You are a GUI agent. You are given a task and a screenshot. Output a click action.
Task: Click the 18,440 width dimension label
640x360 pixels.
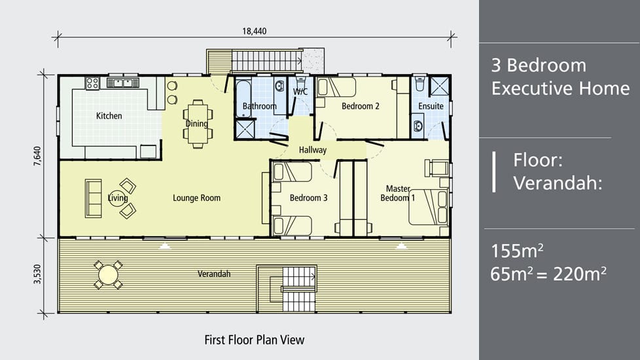point(255,31)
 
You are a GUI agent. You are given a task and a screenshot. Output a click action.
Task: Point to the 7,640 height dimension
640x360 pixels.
point(37,156)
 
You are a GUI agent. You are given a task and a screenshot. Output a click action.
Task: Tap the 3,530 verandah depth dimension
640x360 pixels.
point(37,274)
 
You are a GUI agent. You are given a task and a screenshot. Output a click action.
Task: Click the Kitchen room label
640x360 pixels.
point(109,116)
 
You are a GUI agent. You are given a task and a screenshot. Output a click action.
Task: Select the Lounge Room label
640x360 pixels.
point(197,198)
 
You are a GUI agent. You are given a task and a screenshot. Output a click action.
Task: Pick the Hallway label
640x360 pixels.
point(313,150)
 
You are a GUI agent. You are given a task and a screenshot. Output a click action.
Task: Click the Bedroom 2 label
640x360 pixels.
point(361,106)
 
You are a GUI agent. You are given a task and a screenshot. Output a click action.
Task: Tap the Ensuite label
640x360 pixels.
point(431,106)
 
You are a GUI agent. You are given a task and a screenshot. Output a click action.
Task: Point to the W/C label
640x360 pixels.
point(300,92)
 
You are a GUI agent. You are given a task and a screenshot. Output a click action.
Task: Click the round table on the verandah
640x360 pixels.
point(108,275)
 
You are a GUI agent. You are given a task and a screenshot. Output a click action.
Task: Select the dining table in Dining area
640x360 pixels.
point(198,123)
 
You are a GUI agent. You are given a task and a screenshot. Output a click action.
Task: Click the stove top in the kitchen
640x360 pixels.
point(92,83)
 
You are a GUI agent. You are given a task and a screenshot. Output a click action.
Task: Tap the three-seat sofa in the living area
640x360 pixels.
point(94,198)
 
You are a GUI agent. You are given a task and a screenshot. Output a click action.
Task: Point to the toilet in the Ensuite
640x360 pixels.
point(419,84)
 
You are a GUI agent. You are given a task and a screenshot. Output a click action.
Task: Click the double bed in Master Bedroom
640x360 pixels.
point(429,207)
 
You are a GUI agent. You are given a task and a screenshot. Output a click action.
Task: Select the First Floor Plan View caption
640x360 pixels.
point(255,340)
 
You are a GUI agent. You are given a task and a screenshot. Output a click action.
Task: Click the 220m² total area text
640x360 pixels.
point(580,274)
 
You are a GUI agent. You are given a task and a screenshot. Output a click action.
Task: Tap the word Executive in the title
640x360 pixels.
point(560,88)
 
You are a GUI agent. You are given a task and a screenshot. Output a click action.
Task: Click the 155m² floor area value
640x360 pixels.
point(517,251)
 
